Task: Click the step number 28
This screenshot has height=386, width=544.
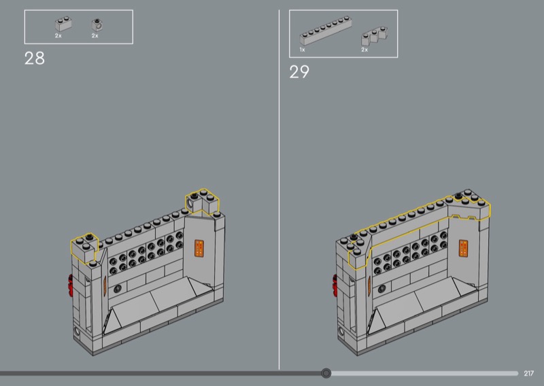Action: tap(35, 58)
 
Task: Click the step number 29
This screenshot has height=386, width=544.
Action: tap(299, 72)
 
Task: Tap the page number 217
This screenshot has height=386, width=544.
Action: tap(529, 374)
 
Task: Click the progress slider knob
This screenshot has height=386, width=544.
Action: tap(326, 373)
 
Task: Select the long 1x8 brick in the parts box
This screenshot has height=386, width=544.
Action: tap(326, 31)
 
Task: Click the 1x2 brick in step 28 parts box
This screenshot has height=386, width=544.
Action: tap(63, 24)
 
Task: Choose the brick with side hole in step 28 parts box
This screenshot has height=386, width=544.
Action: tap(97, 24)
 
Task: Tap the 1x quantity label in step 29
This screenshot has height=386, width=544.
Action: tap(302, 50)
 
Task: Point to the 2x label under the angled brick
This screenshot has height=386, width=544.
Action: tap(364, 50)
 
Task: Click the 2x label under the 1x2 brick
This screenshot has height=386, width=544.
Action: tap(58, 36)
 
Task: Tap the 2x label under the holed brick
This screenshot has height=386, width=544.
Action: tap(95, 36)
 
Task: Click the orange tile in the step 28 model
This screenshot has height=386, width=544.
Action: tap(199, 248)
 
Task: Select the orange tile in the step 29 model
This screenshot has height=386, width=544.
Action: tap(464, 248)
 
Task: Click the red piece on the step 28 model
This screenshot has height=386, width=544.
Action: tap(71, 286)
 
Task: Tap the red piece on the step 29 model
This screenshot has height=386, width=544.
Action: tap(335, 286)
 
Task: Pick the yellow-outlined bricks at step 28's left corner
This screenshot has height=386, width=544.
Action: tap(84, 247)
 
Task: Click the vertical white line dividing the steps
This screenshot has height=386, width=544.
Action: tap(279, 190)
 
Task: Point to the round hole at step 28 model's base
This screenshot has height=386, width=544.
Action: tap(77, 331)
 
